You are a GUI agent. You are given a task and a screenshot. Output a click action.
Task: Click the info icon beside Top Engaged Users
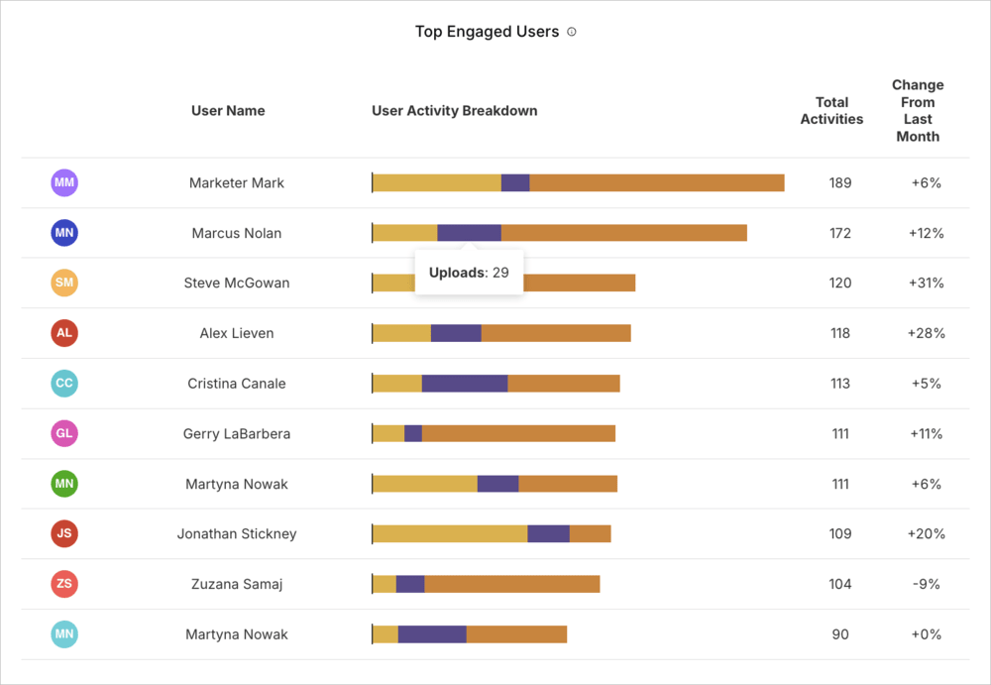572,32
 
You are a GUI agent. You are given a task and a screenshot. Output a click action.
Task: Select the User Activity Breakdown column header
454,111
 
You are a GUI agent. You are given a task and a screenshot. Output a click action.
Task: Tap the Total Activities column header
831,110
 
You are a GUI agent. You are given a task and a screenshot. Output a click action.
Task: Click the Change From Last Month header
918,110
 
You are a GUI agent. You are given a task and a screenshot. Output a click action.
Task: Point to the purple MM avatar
64,182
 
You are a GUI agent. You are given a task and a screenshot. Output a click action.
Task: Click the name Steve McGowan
237,284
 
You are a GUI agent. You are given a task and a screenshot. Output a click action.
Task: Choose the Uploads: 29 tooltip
469,273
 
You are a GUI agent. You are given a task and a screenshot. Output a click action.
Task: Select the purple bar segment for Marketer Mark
515,183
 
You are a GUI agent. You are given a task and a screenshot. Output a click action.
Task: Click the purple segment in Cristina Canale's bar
465,384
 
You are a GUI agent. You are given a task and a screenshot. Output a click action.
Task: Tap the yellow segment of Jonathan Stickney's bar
450,534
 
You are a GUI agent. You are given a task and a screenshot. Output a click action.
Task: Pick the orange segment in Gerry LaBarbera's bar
518,434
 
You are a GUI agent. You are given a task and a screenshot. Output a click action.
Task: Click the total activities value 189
840,183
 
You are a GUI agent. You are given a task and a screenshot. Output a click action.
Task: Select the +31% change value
926,284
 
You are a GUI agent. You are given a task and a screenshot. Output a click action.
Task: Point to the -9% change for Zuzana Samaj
926,584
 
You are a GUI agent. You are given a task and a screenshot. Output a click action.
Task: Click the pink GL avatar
64,433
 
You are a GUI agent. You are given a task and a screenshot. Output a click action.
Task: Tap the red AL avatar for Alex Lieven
64,333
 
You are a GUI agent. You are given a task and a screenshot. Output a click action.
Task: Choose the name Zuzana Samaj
237,584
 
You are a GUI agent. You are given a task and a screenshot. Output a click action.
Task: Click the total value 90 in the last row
840,634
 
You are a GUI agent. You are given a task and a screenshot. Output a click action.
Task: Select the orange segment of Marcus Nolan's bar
623,233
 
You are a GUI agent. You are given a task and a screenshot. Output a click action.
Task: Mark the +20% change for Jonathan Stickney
926,534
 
